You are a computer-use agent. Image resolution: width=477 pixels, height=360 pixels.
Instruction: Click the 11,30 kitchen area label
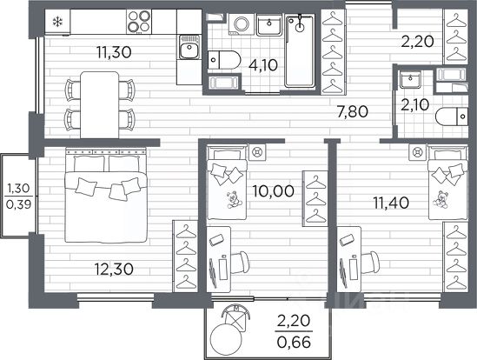click(114, 52)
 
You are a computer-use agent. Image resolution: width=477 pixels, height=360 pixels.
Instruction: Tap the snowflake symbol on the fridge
click(57, 22)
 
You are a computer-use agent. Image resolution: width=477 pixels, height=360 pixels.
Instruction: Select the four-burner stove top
click(139, 22)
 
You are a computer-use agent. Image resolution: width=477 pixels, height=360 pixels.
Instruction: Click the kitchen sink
click(189, 47)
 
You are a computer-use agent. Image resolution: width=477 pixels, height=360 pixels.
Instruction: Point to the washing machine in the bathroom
click(242, 24)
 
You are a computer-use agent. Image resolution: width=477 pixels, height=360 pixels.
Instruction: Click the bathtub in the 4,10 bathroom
click(300, 50)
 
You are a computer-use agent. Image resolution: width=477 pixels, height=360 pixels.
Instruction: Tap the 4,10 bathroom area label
click(263, 65)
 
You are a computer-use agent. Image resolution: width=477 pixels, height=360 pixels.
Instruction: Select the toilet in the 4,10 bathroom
click(224, 60)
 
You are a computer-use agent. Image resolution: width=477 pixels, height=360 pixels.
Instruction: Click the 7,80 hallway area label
click(353, 111)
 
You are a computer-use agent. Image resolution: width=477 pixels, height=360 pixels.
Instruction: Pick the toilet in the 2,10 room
click(452, 117)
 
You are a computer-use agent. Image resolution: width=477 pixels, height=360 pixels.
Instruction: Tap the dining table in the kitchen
click(99, 105)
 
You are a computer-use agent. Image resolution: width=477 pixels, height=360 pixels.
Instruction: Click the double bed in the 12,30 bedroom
click(106, 196)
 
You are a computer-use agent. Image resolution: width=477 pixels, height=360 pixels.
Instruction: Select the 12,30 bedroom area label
click(114, 270)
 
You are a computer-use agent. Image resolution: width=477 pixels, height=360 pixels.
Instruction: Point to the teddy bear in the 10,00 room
click(234, 199)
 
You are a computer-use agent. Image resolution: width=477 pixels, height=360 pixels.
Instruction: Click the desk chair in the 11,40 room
click(370, 263)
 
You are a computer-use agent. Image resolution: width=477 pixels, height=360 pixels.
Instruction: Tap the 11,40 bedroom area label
click(391, 203)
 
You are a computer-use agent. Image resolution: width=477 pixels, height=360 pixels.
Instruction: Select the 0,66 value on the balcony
click(294, 342)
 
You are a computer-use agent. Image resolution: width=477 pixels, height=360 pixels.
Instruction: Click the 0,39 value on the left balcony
click(18, 204)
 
